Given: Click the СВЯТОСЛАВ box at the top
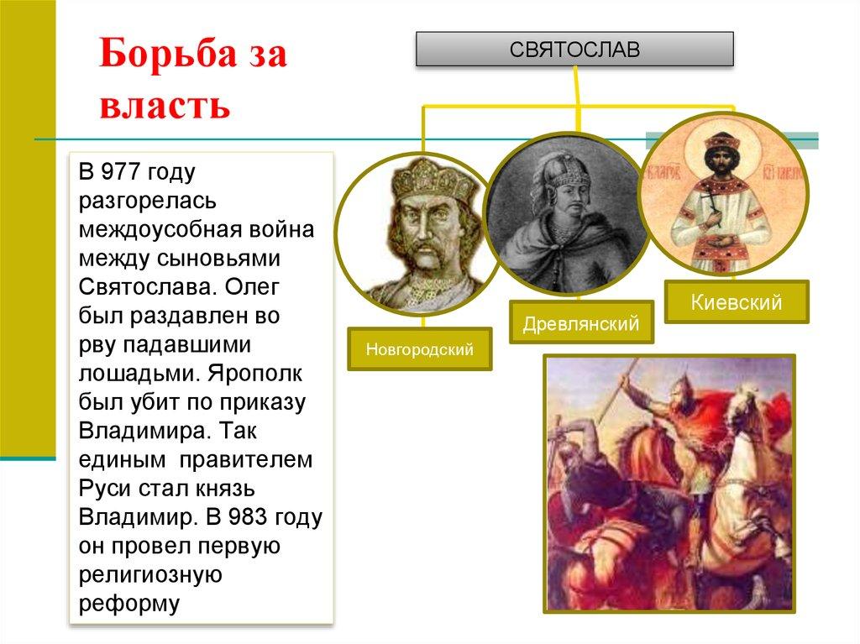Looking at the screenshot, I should tap(574, 50).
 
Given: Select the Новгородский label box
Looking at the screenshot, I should tap(419, 348).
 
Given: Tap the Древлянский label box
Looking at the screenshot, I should tap(581, 322).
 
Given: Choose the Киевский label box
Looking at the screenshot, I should tap(737, 302).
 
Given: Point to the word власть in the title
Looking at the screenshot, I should tap(164, 107).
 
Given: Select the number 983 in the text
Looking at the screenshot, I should tap(254, 517).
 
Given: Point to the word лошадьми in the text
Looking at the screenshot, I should tap(135, 374).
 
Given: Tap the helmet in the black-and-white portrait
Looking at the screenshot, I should tap(560, 171).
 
